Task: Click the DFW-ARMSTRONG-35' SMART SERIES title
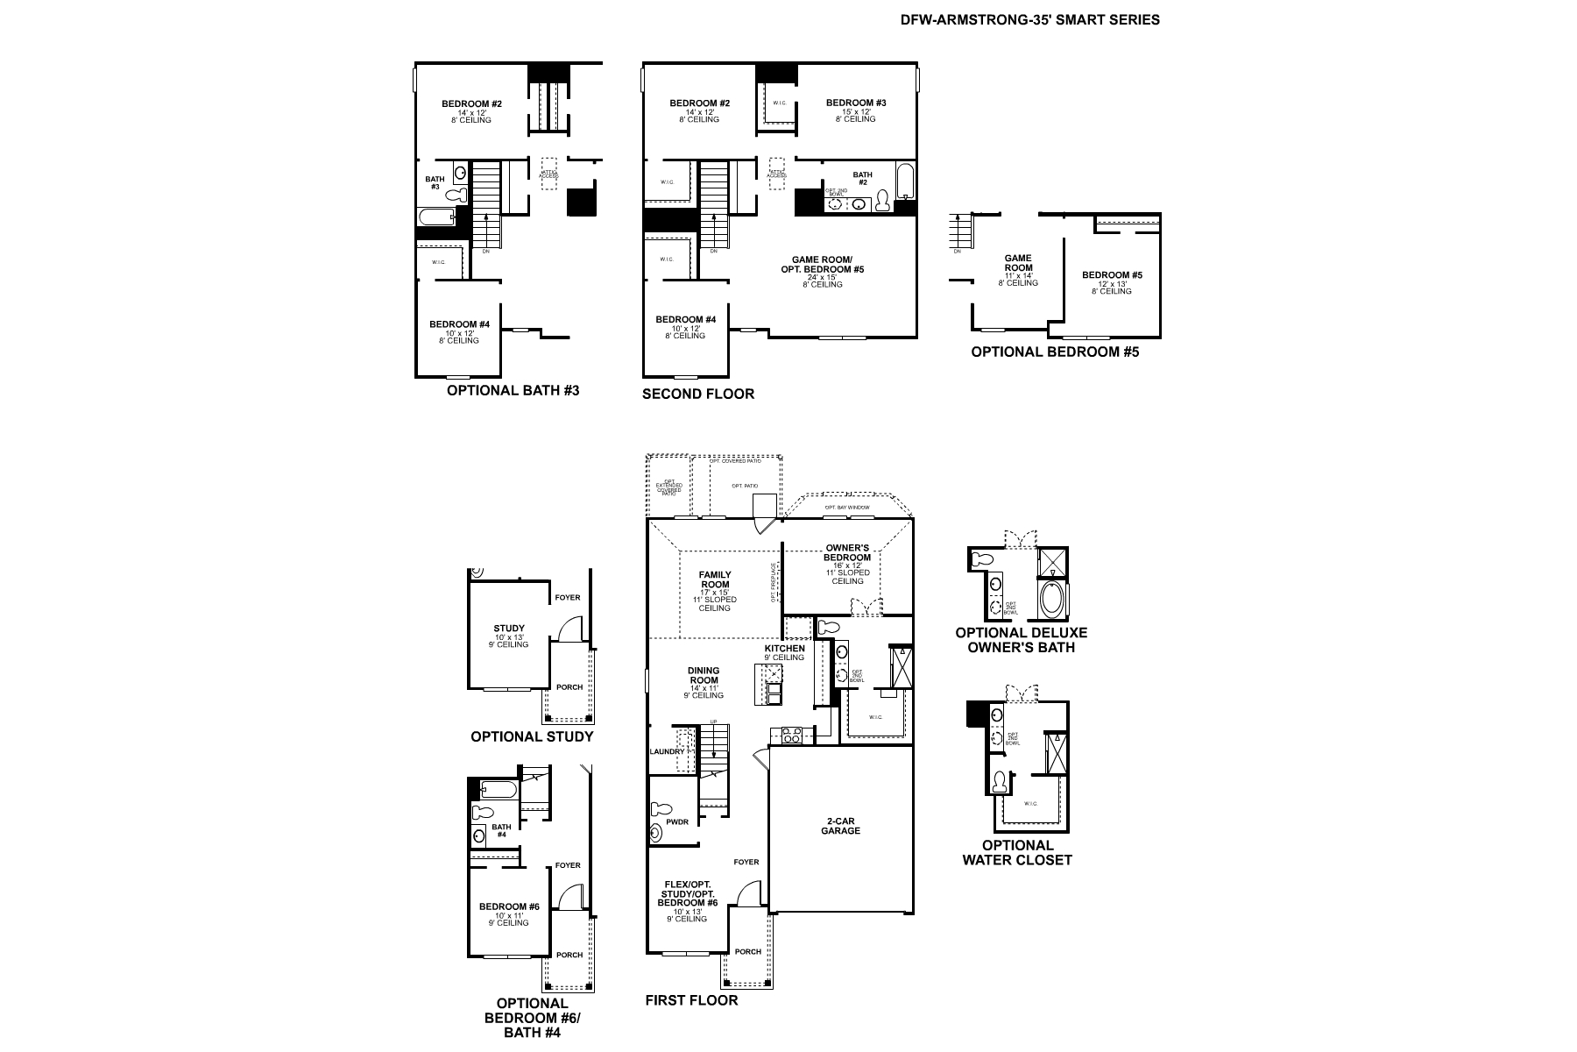point(1029,19)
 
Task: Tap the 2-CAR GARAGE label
point(840,826)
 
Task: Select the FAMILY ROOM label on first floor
point(714,580)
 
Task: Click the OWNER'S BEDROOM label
point(847,553)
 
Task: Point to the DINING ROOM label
point(704,675)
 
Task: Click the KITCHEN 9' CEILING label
point(784,653)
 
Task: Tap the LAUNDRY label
point(667,752)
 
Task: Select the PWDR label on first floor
point(676,822)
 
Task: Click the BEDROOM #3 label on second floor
point(856,103)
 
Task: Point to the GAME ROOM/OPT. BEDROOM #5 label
point(822,265)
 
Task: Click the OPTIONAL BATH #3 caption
point(513,390)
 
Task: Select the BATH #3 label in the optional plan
point(435,182)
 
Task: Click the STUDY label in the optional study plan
point(509,629)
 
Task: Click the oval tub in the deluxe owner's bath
point(1052,601)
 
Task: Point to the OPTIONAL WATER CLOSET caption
point(1017,852)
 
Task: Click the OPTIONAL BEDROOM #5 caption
point(1055,352)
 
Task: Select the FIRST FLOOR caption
point(691,999)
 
